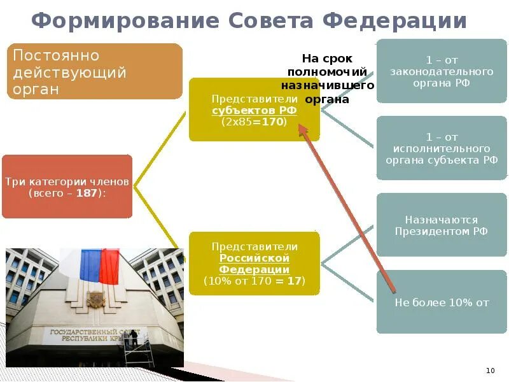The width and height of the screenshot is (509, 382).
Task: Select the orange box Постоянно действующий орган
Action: coord(94,71)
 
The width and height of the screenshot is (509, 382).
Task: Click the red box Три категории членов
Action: coord(67,187)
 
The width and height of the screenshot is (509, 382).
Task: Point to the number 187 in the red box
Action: coord(87,192)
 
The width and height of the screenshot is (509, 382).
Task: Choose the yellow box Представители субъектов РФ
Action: coord(254,110)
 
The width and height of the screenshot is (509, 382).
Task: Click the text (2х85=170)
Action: coord(254,122)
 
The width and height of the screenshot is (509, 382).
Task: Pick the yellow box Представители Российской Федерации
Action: coord(254,263)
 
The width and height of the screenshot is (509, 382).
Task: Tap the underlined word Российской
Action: coord(254,258)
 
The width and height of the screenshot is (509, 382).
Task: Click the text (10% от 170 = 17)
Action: coord(254,280)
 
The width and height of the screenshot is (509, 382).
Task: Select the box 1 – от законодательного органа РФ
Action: coord(442,71)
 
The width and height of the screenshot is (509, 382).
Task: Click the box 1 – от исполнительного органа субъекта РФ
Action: coord(442,148)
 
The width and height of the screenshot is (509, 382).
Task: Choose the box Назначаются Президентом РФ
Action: coord(442,225)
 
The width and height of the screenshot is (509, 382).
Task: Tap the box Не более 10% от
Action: coord(442,302)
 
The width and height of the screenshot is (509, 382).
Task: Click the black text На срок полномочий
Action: coord(327,64)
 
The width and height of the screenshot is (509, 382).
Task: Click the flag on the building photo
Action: coord(99,265)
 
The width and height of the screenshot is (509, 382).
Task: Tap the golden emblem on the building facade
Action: coord(96,299)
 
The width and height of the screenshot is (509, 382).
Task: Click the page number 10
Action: coord(490,371)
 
